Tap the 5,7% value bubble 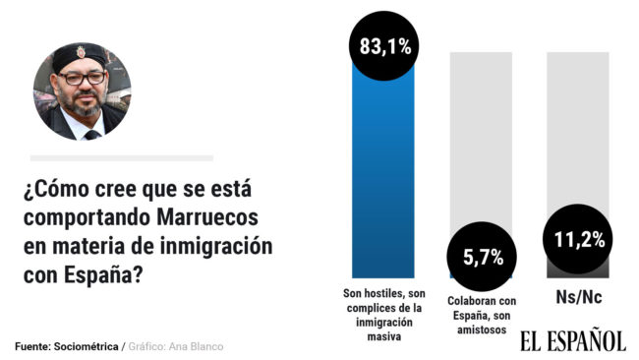[x=480, y=258]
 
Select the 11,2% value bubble [x=578, y=238]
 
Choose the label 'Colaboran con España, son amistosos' [x=481, y=315]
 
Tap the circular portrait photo [x=82, y=91]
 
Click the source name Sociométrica [x=90, y=347]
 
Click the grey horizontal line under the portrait [x=121, y=157]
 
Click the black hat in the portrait [x=82, y=56]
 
